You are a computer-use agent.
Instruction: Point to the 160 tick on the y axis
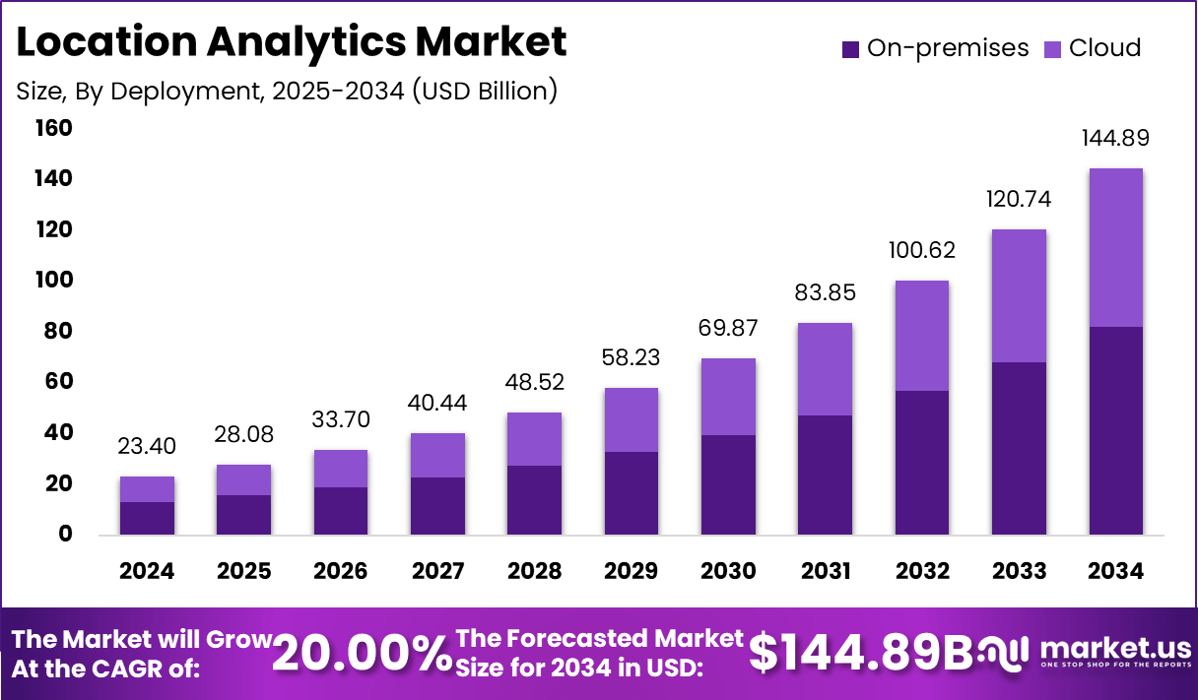point(53,128)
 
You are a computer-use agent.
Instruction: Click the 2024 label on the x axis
point(147,571)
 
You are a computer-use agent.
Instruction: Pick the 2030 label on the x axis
point(728,571)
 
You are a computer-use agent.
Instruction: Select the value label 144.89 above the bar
point(1115,138)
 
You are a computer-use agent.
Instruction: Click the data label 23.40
point(147,447)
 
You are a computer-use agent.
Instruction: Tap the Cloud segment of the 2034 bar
point(1115,247)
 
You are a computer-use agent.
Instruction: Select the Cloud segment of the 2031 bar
point(825,369)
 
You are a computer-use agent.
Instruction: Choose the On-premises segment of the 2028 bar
point(534,500)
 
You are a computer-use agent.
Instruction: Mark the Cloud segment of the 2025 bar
point(243,479)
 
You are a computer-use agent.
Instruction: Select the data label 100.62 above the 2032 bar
point(922,250)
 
